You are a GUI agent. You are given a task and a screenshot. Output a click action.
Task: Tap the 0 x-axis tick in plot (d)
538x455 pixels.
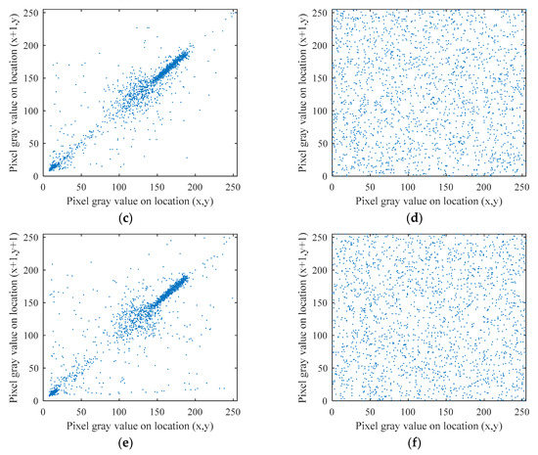tap(333, 186)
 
